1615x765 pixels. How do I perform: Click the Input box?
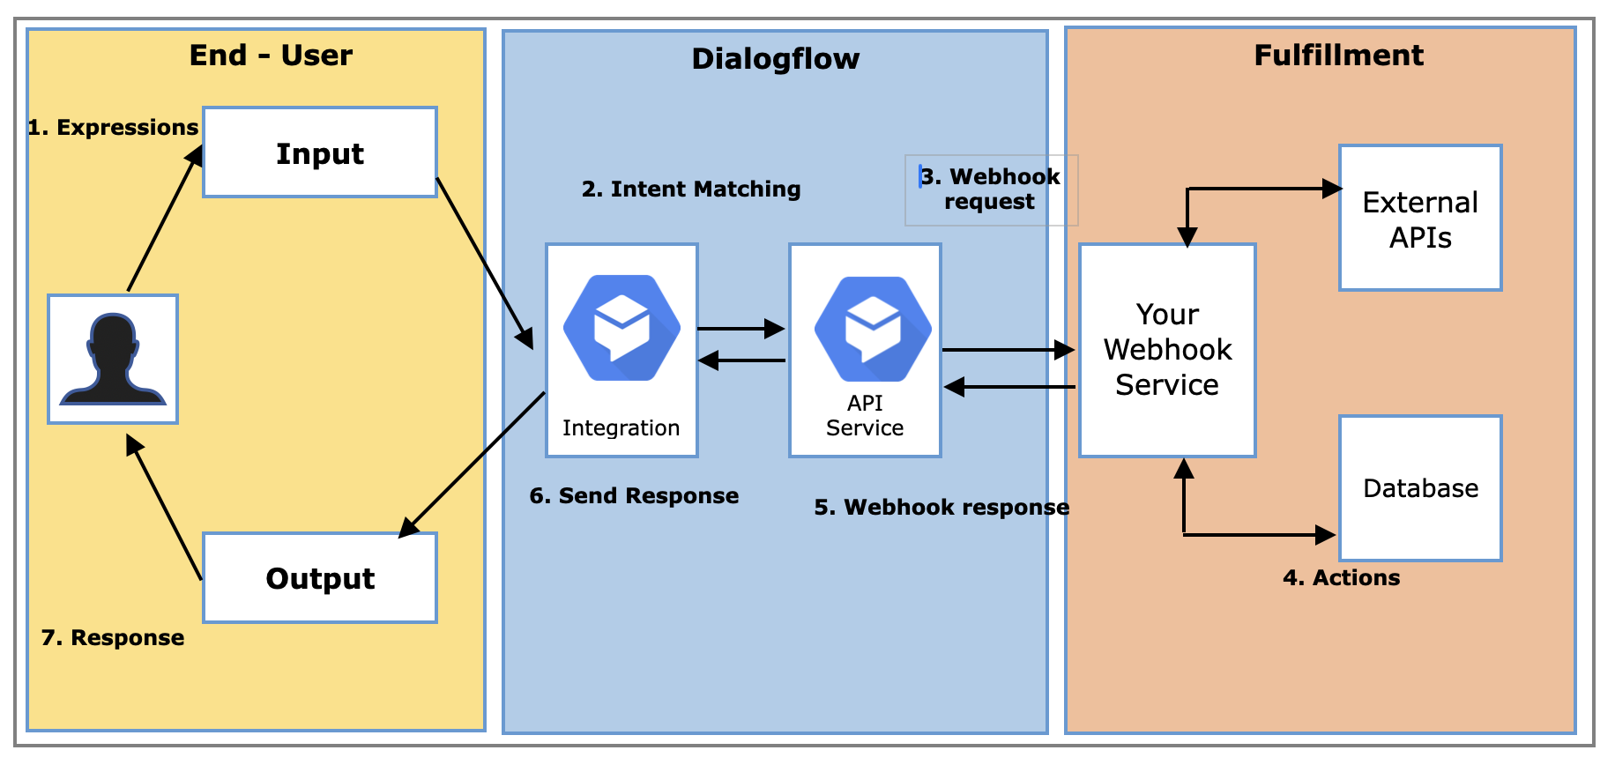(320, 152)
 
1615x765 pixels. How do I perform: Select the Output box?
(320, 578)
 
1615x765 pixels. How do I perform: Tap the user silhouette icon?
(113, 359)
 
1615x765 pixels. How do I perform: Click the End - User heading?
(271, 56)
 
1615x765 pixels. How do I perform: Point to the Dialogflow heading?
(775, 59)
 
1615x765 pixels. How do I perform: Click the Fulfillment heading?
(1338, 56)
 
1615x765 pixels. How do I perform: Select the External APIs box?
(1420, 219)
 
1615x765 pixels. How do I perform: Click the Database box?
(1420, 488)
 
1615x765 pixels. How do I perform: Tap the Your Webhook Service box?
(1167, 350)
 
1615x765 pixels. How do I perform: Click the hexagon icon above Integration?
(621, 328)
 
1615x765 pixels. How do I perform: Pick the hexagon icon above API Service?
(873, 329)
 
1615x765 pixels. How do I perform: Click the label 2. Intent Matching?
(691, 189)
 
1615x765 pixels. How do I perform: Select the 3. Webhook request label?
(990, 189)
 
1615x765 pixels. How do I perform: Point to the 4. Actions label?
(1341, 578)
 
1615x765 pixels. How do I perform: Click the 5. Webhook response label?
(941, 508)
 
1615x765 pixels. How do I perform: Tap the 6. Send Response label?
(634, 496)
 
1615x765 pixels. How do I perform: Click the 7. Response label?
(113, 638)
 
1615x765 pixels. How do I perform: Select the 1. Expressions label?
(113, 128)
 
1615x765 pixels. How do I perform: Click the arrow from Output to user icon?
(165, 508)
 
